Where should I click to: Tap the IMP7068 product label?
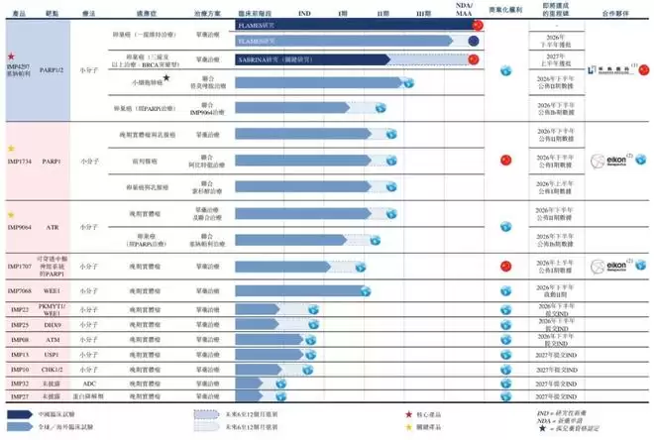(x=21, y=290)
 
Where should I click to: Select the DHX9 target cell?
(x=52, y=325)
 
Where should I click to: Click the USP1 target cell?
(x=52, y=353)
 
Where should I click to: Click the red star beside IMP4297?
(x=10, y=58)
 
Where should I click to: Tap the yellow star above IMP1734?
(x=11, y=148)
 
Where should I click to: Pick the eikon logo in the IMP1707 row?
(x=605, y=266)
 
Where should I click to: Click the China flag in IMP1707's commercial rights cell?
(x=505, y=266)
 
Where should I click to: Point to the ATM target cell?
(x=52, y=339)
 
